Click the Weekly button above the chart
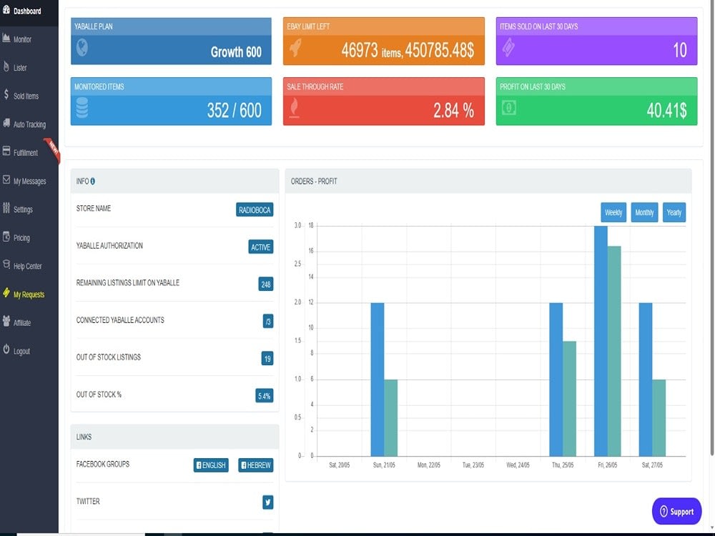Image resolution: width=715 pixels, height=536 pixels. (613, 212)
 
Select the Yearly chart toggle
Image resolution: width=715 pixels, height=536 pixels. (674, 212)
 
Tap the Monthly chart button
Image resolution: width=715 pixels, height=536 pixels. (644, 212)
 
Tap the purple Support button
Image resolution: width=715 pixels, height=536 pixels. (676, 512)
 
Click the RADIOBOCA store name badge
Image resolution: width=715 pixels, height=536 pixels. (255, 209)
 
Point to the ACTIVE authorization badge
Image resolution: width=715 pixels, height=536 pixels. (261, 247)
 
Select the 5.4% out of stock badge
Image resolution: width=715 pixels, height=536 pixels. (265, 396)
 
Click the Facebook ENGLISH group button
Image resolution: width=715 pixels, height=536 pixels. (211, 465)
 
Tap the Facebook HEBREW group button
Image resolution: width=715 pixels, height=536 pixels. (256, 465)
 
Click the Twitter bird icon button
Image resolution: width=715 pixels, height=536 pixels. (268, 502)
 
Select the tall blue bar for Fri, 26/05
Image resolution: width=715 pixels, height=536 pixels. (601, 341)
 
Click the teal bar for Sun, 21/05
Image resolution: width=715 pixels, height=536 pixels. (391, 418)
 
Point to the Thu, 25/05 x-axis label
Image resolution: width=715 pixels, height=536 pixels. (563, 465)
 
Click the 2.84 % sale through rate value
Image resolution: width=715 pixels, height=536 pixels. (454, 110)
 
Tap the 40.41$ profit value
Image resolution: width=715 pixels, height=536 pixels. (666, 110)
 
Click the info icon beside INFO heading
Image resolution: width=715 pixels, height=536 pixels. (92, 181)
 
